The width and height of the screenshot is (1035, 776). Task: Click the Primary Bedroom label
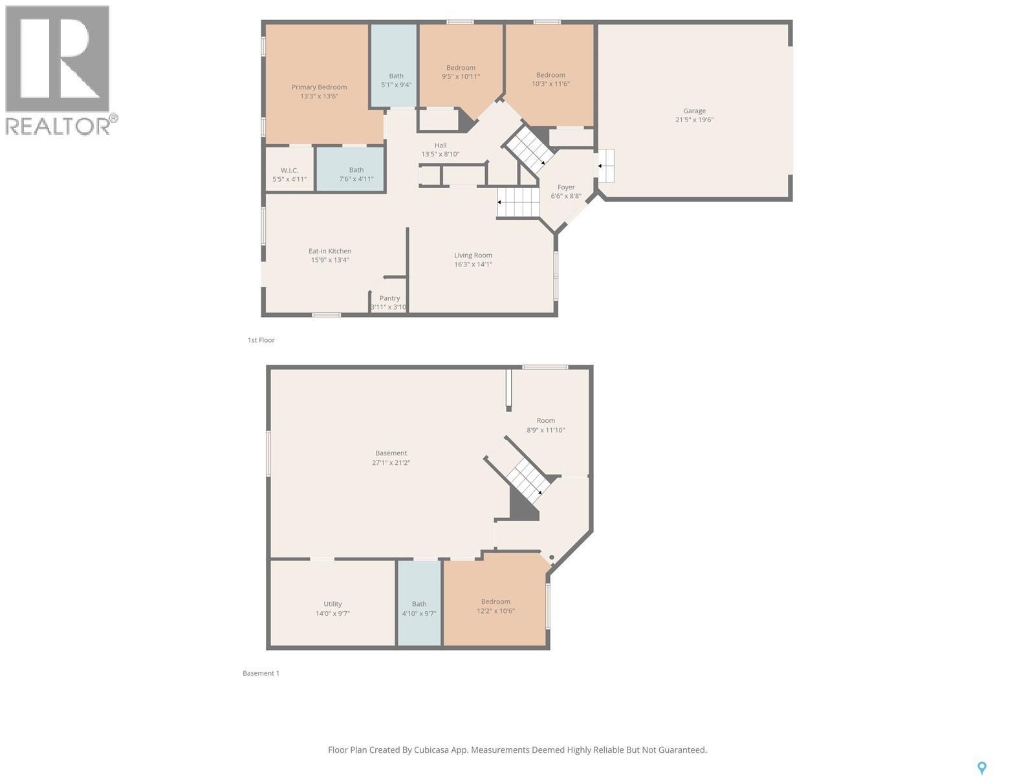(319, 87)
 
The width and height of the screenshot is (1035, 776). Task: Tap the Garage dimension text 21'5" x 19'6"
(694, 120)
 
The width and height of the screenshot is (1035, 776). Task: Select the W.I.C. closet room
(289, 171)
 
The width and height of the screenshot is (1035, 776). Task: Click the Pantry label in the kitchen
(389, 298)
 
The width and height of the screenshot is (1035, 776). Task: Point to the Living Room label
(473, 255)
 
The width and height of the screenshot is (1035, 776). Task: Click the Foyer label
(566, 188)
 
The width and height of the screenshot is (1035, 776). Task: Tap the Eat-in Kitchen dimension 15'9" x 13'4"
(330, 260)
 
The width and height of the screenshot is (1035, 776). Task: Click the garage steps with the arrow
(605, 166)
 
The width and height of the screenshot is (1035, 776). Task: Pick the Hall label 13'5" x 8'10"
(441, 145)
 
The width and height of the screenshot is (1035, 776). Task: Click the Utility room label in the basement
(332, 604)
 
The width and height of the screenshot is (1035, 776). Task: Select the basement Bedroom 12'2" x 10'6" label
(496, 601)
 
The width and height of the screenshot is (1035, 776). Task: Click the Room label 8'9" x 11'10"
(545, 420)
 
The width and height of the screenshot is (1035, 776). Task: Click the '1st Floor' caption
(261, 340)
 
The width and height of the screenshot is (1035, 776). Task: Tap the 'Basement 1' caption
(261, 673)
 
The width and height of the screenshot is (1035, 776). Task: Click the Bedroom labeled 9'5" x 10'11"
(461, 68)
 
